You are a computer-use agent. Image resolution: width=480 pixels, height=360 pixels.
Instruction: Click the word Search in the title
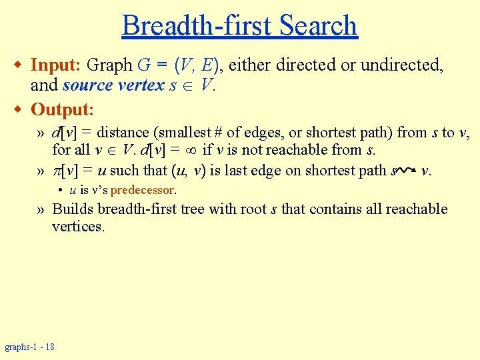pos(319,26)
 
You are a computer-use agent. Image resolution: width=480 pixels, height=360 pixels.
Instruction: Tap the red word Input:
pos(56,65)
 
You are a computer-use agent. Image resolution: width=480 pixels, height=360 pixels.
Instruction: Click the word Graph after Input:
pos(110,65)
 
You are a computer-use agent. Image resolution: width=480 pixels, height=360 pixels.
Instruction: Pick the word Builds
pos(73,209)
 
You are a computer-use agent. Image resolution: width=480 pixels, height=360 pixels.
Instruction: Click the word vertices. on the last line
pos(78,227)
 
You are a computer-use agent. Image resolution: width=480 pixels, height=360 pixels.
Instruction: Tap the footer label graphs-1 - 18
pos(30,347)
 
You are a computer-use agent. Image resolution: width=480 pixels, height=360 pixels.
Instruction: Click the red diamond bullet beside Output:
pos(20,109)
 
